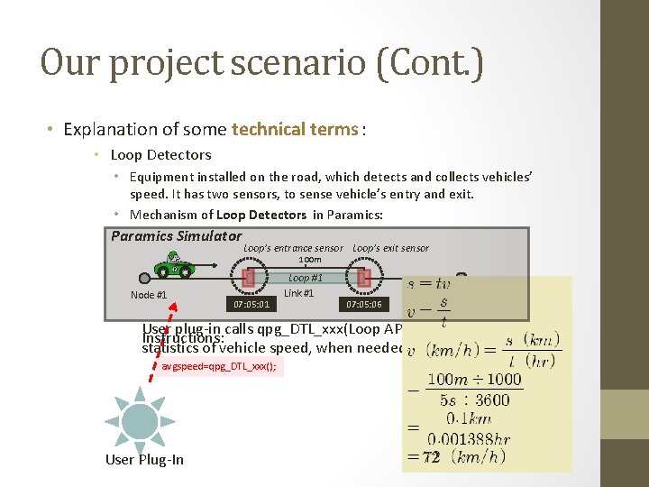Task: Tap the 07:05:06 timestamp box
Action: tap(364, 305)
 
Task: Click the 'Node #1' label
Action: tap(149, 295)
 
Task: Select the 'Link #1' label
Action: tap(298, 293)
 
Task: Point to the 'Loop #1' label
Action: tap(305, 279)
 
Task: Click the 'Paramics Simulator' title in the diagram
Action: tap(176, 236)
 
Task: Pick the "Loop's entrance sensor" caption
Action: tap(293, 248)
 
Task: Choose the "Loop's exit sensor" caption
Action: tap(390, 248)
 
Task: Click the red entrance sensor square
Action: tap(250, 278)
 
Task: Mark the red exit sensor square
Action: tap(363, 278)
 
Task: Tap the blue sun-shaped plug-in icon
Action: tap(140, 420)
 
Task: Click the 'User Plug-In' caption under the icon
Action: tap(144, 460)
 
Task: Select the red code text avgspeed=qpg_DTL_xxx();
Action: tap(219, 367)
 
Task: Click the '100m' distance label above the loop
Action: tap(309, 260)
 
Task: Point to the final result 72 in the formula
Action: tap(432, 457)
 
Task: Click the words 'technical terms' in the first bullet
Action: tap(295, 129)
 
